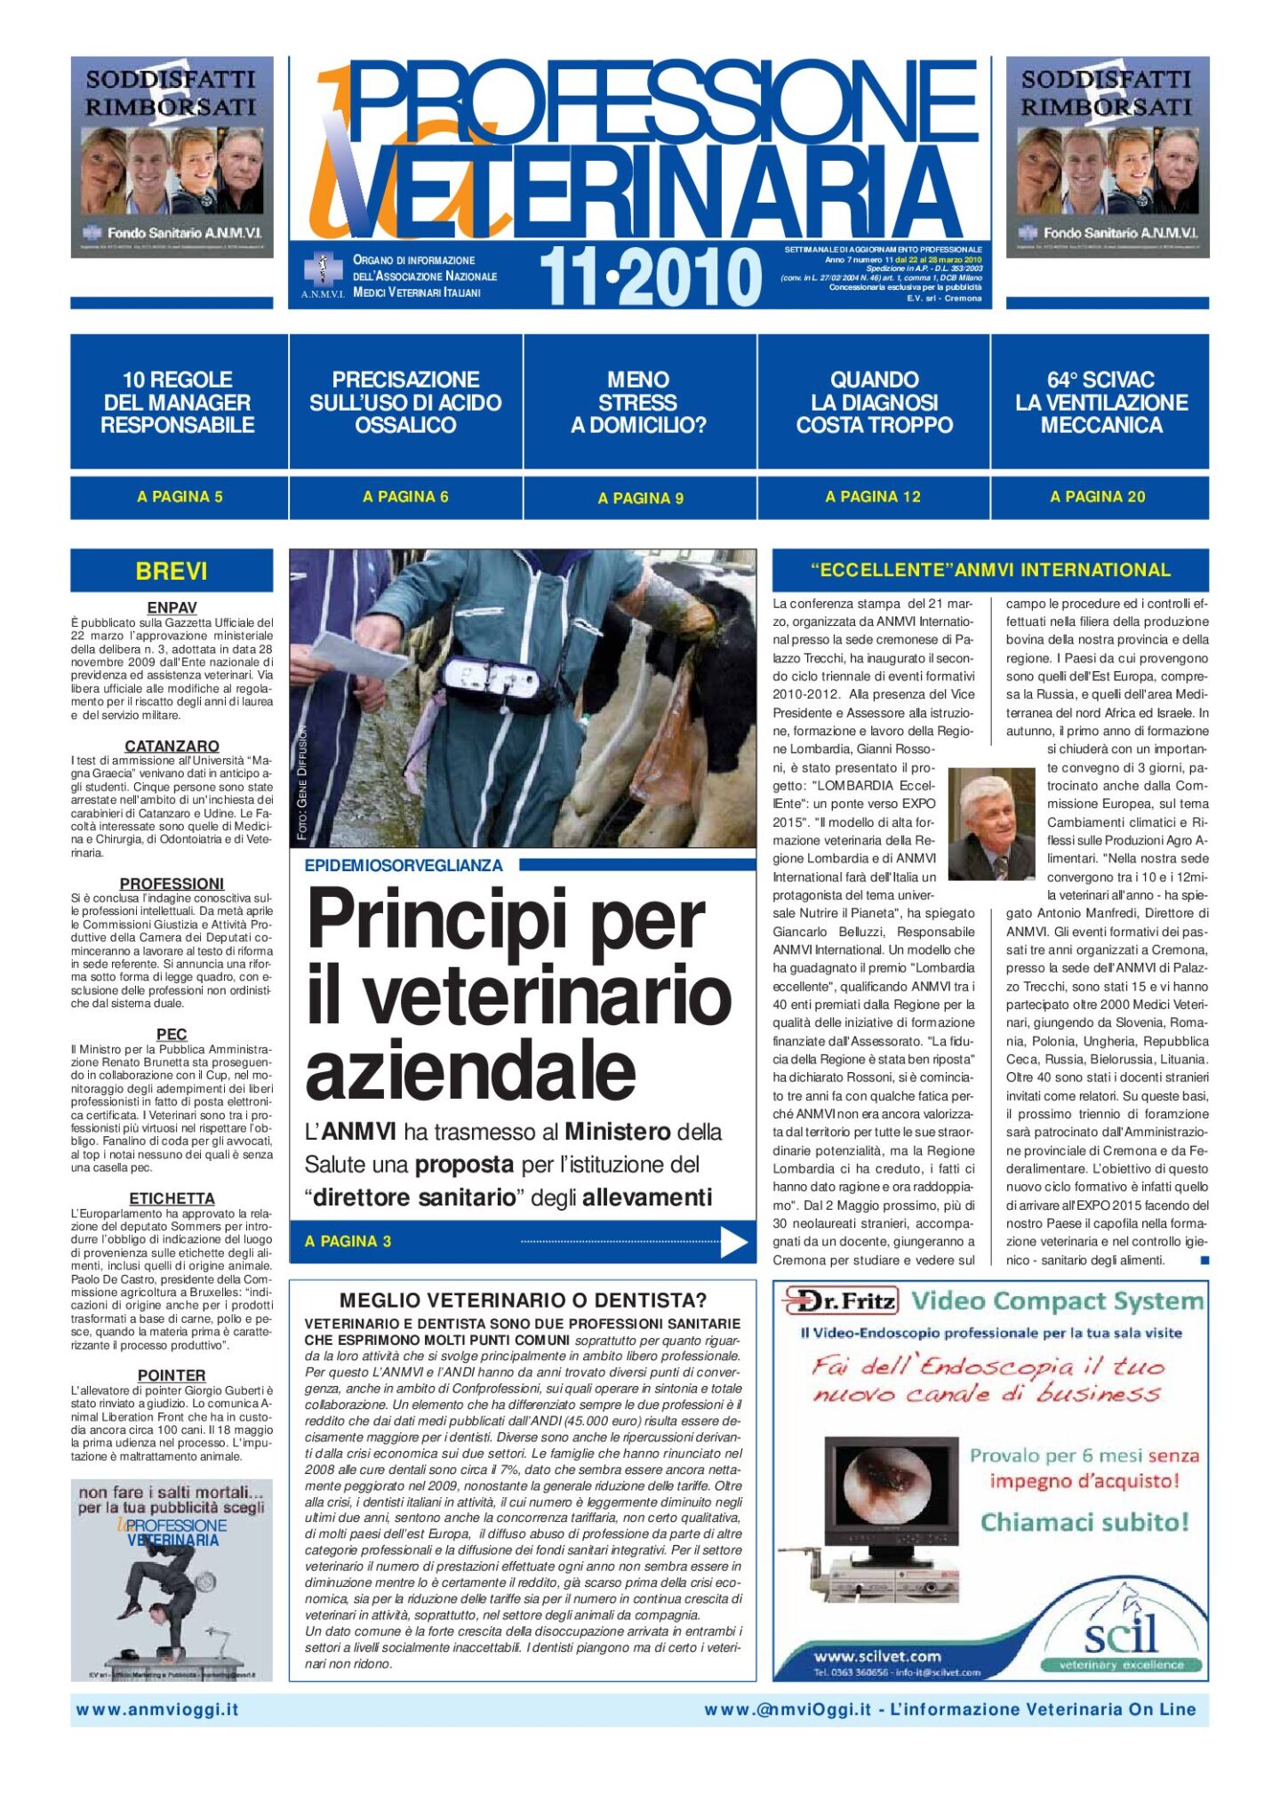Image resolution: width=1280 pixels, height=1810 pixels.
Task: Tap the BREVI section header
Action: (172, 571)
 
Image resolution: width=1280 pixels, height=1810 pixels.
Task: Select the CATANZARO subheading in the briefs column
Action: (172, 746)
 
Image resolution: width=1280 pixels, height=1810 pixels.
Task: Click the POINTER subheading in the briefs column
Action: (172, 1374)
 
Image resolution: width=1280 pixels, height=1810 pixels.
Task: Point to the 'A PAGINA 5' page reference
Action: (180, 497)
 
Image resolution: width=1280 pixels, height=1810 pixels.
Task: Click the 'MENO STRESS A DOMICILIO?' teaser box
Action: (638, 403)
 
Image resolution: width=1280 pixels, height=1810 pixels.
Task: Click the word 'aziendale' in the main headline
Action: (471, 1071)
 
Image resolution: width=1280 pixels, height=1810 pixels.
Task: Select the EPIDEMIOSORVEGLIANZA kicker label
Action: (404, 865)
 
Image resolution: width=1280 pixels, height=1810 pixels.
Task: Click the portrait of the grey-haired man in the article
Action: (991, 824)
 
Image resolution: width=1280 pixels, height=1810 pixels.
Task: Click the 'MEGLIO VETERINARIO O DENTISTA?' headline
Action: (523, 1301)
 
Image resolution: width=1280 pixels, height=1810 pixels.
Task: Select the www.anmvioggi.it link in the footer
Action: (157, 1710)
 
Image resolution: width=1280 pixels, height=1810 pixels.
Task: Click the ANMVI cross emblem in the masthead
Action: (322, 269)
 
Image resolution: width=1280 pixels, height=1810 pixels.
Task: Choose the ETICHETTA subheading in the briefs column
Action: (172, 1198)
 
